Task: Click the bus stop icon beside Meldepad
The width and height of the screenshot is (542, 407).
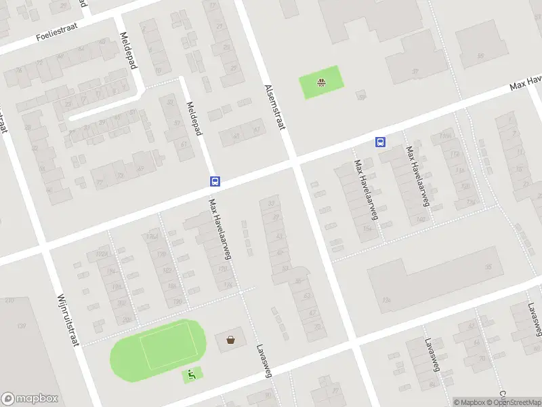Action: [x=215, y=181]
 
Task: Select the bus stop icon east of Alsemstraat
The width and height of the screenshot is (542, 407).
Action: [x=381, y=142]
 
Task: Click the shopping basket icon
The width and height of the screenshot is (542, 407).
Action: [x=231, y=339]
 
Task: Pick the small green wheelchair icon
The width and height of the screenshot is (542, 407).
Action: [x=191, y=373]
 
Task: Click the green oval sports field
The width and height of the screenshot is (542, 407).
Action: [x=157, y=346]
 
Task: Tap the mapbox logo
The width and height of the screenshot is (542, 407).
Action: [x=28, y=399]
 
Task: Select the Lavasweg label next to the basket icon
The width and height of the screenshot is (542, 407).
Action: [x=263, y=360]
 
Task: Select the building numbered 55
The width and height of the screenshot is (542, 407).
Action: [x=480, y=56]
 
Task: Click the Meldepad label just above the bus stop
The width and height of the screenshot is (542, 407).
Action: [x=194, y=118]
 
